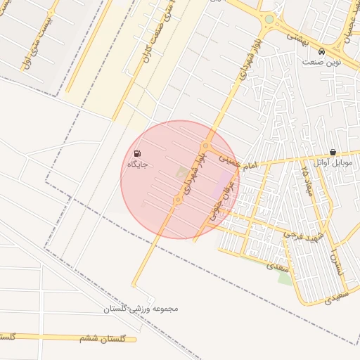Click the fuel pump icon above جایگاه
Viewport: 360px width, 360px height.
[136, 153]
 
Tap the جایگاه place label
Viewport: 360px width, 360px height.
[136, 165]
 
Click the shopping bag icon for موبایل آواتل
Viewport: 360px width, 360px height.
[332, 152]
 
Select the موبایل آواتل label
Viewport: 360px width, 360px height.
[334, 163]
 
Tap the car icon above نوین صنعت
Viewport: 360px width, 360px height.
[321, 51]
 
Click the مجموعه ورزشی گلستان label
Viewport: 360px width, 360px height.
[141, 309]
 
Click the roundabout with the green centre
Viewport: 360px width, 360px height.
[269, 20]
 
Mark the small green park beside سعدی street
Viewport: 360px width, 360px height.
[285, 278]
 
